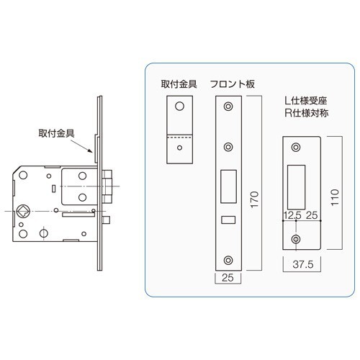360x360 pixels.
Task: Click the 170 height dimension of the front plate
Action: [x=255, y=199]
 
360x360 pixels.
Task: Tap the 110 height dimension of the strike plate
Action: [x=335, y=197]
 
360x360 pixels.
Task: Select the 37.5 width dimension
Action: [x=303, y=264]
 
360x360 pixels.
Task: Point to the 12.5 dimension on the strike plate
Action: [x=292, y=215]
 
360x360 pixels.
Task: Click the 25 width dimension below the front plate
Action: [x=228, y=278]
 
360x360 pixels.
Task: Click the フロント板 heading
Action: [x=233, y=84]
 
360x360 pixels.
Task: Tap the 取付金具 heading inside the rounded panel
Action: [x=179, y=84]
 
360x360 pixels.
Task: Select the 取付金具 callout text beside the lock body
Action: [x=57, y=133]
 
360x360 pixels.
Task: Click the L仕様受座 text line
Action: [x=306, y=101]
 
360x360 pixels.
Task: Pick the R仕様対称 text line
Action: [x=307, y=113]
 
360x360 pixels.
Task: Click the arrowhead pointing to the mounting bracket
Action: [x=90, y=150]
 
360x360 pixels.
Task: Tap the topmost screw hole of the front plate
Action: [x=228, y=107]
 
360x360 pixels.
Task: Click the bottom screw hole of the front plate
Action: [x=228, y=260]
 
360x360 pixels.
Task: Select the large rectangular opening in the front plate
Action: [x=228, y=186]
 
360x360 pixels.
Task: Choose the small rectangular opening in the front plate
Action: [x=228, y=220]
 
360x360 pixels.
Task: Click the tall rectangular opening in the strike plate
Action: [x=297, y=187]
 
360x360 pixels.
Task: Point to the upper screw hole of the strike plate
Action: [x=296, y=147]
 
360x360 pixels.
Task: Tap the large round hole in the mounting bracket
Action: [x=179, y=106]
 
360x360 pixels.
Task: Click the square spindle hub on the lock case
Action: [x=23, y=211]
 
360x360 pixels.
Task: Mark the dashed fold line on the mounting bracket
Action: [x=180, y=138]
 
